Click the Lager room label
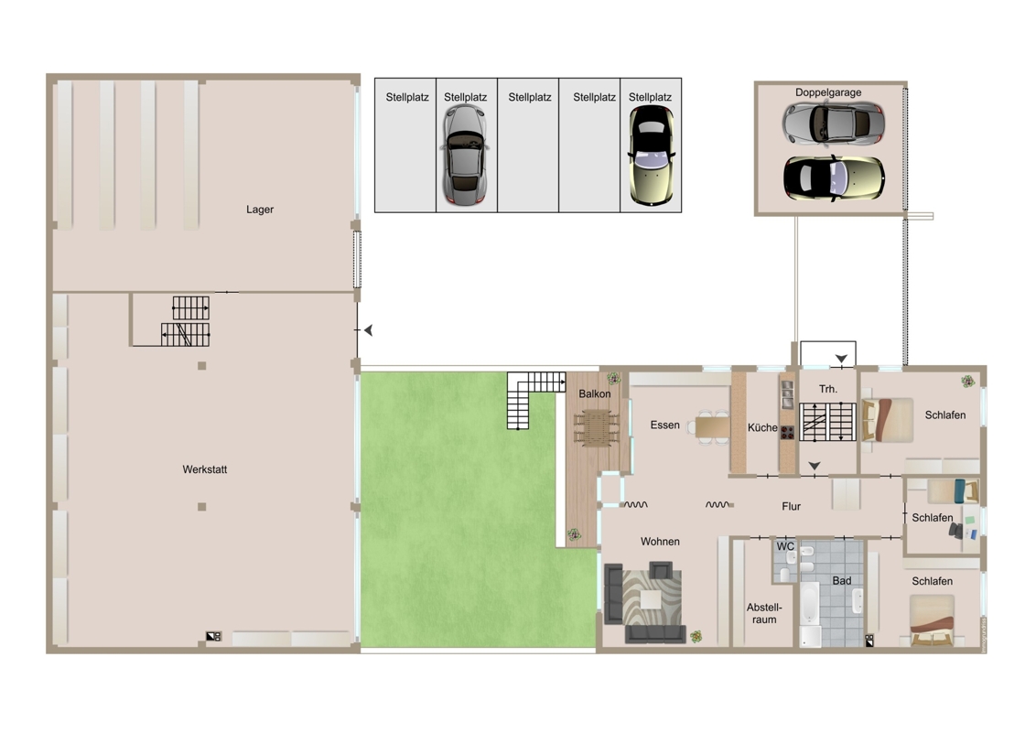[x=260, y=210]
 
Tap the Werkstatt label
[x=205, y=469]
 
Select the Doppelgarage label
[x=828, y=92]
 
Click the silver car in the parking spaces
[x=465, y=154]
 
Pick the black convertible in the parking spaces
[x=652, y=156]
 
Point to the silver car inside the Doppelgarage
[x=833, y=123]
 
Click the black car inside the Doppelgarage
[x=834, y=178]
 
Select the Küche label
[x=762, y=427]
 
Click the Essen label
[x=664, y=425]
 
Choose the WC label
[x=785, y=546]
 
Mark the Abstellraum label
[x=764, y=613]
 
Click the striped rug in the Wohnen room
[x=652, y=597]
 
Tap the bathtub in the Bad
[x=809, y=602]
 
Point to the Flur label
[x=791, y=507]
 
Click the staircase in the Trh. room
[x=828, y=422]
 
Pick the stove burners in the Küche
[x=787, y=433]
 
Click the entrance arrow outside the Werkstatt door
[x=369, y=329]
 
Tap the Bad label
[x=842, y=581]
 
